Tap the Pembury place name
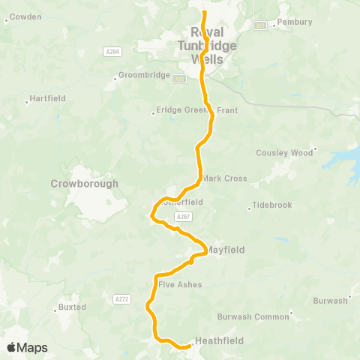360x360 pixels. pos(294,22)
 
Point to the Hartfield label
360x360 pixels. pos(49,97)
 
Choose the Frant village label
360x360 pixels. pos(227,110)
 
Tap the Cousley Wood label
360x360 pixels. pos(284,152)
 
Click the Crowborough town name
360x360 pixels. pos(84,184)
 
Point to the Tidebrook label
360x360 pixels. pos(271,205)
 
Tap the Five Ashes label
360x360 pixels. pos(180,285)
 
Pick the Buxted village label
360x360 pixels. pos(72,307)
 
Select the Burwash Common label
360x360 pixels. pos(253,316)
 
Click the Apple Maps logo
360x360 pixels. pos(27,347)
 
